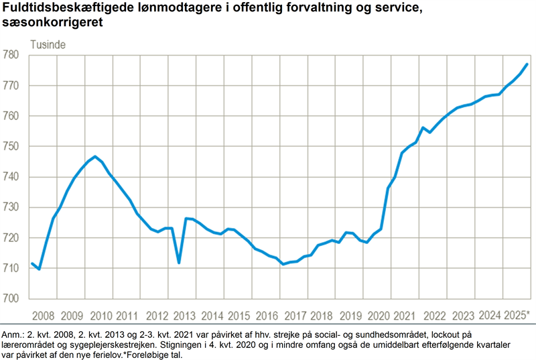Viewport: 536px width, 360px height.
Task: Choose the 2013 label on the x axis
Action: (x=184, y=316)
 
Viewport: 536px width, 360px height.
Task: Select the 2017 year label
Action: (x=294, y=316)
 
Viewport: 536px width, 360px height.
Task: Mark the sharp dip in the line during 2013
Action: (x=179, y=262)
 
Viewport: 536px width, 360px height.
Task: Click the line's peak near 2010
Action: (x=95, y=157)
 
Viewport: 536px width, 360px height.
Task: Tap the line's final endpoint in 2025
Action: (x=527, y=64)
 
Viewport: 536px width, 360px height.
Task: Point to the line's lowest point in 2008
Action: (x=39, y=269)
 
